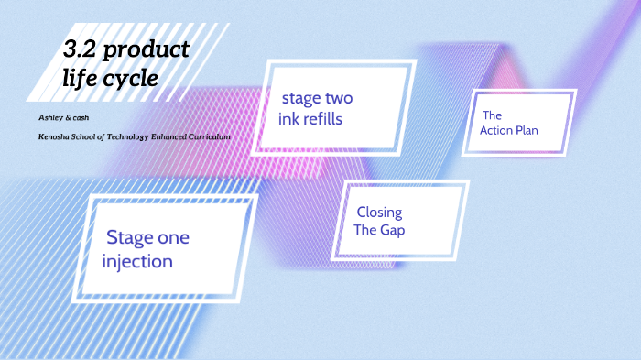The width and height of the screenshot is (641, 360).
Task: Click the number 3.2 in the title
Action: click(81, 50)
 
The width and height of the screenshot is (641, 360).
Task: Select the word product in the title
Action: click(147, 51)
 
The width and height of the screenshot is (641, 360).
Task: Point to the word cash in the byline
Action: click(73, 119)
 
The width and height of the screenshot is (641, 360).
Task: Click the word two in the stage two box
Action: click(335, 98)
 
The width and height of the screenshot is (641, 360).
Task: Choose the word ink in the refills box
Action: click(291, 119)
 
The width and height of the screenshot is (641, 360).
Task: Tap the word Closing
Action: click(379, 213)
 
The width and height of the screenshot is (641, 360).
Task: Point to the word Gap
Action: click(392, 230)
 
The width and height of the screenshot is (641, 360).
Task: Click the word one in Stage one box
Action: click(171, 238)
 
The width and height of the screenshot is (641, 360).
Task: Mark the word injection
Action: click(137, 262)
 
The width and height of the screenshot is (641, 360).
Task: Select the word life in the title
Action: click(82, 79)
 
